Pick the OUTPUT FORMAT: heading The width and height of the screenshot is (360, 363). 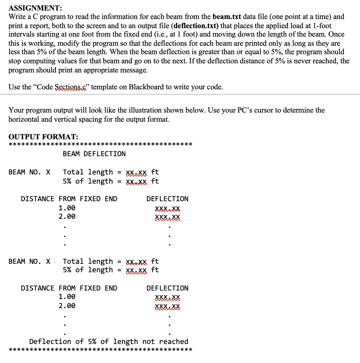click(x=43, y=136)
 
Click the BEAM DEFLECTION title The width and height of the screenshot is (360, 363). click(x=94, y=154)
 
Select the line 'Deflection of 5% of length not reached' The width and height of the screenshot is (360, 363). click(x=109, y=342)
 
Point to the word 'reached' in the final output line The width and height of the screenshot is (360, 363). click(x=174, y=342)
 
